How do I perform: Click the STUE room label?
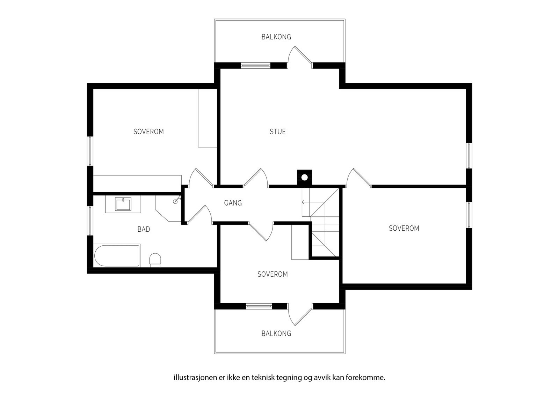278,132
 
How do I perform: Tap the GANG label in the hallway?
233,203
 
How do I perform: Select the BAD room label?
144,229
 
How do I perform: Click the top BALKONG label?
276,37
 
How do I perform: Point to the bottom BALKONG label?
276,333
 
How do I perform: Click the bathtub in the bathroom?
117,256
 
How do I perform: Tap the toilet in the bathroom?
155,260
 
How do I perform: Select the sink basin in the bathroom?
123,204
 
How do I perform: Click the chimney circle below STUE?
304,178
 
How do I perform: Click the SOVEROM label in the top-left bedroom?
148,132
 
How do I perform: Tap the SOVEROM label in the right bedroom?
404,228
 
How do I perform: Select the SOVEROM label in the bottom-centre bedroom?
273,274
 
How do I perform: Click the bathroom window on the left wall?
90,221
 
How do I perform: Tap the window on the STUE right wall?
469,156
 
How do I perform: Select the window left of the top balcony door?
256,65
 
